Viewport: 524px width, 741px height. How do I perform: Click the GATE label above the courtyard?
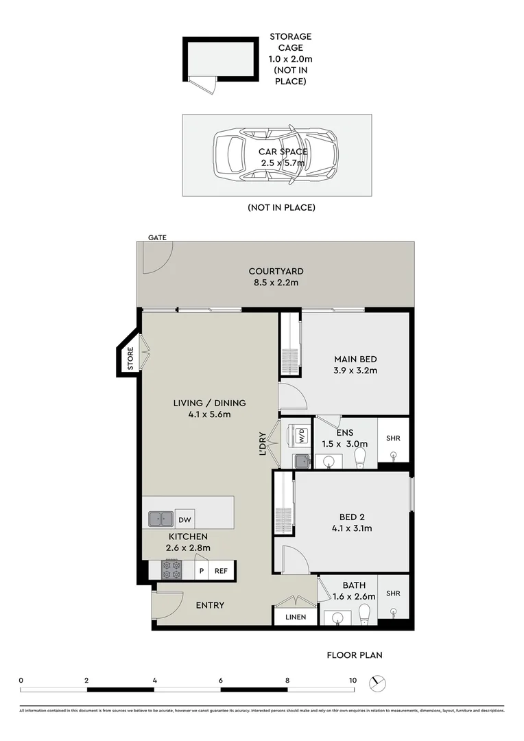click(156, 237)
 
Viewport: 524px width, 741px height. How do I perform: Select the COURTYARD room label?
click(276, 271)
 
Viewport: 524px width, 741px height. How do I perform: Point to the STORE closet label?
click(130, 359)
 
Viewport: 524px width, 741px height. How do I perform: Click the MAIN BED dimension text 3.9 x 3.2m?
click(355, 370)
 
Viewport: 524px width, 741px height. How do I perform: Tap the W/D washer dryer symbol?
click(300, 435)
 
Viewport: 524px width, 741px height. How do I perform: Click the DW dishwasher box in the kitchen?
click(184, 519)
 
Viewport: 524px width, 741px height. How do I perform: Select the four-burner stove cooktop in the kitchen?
click(171, 569)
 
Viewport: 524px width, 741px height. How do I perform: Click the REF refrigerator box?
click(221, 570)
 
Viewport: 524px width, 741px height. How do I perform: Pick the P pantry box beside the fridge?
click(202, 570)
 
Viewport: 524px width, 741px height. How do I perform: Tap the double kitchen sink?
click(160, 519)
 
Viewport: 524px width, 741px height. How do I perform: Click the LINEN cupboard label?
click(296, 617)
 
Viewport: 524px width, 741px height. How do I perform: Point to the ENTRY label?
click(210, 605)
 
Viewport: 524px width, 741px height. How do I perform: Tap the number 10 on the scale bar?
click(353, 680)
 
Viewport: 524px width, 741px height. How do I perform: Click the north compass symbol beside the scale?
click(378, 683)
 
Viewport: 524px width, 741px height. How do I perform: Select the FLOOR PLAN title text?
click(354, 655)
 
